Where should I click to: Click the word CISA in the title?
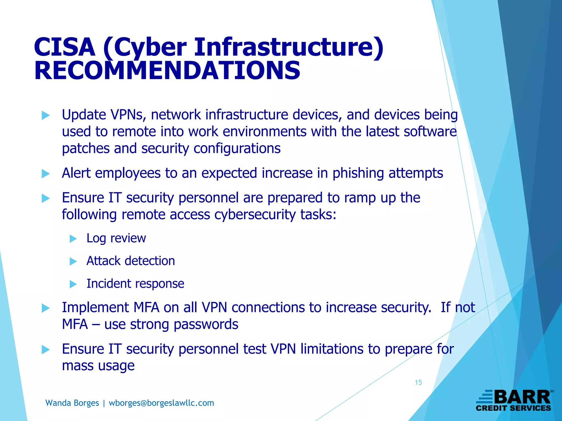64,47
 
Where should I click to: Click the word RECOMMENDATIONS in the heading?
167,71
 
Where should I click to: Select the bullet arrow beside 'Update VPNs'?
46,115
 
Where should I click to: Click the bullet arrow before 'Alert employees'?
46,173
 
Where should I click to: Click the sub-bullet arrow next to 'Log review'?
73,239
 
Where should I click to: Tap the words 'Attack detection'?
131,261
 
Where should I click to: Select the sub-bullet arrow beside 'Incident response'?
73,284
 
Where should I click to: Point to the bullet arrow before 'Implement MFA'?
46,308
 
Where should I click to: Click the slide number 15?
418,382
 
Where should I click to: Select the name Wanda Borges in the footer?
72,403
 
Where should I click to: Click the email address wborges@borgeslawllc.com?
161,403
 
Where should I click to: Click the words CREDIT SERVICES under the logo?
513,408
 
